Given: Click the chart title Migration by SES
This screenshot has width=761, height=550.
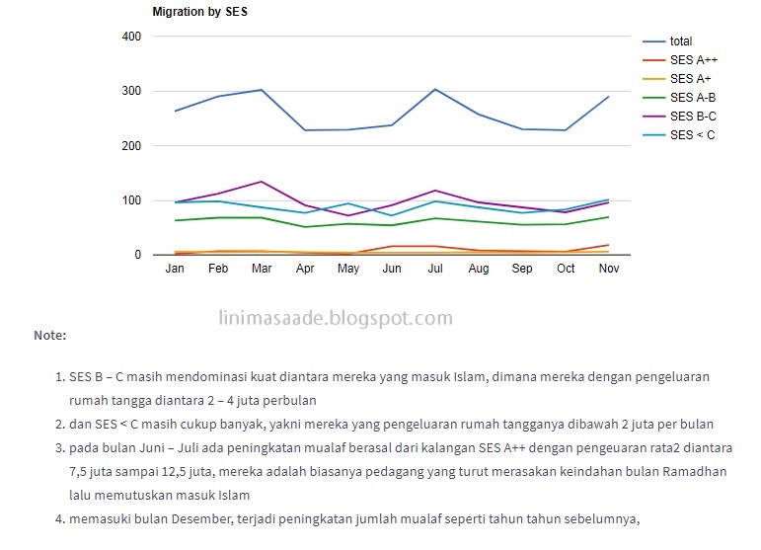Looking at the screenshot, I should point(198,12).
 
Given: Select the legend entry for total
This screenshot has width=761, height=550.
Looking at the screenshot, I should point(680,41).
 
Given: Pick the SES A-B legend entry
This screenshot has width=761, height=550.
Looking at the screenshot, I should point(692,98).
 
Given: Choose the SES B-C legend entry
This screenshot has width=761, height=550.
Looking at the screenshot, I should point(692,117).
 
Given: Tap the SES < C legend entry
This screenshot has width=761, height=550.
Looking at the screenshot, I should point(692,135).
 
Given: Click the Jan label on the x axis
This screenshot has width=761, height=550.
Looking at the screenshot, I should point(175,269).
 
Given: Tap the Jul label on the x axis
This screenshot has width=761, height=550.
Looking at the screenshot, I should point(434,269).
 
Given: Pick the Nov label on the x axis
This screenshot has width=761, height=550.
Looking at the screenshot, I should point(608,269).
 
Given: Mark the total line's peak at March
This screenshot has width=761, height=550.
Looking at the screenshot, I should point(262,90).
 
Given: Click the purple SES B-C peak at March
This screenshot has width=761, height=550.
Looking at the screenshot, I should point(262,182).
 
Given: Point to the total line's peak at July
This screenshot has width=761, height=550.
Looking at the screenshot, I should point(435,89).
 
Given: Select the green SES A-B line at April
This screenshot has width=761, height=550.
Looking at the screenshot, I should point(305,227).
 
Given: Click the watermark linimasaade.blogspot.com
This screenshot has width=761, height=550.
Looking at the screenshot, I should point(335,318).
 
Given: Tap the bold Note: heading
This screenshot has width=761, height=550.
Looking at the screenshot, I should point(49,336).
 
